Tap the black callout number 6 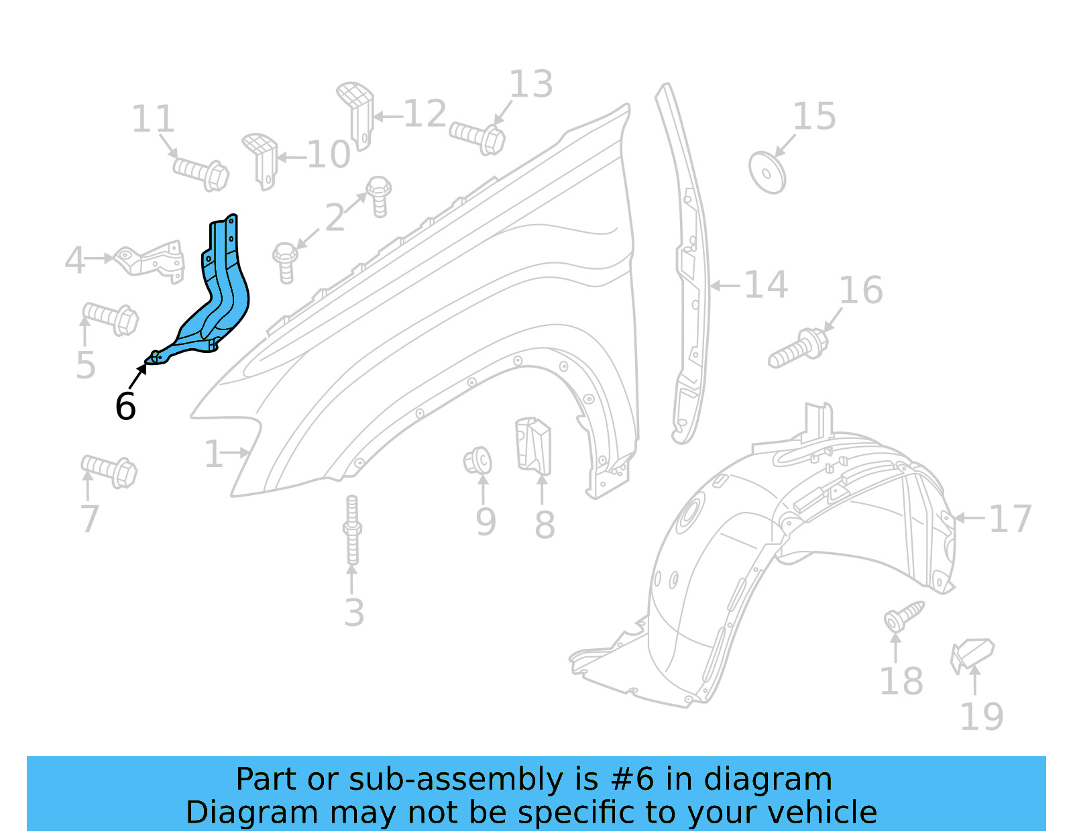[x=125, y=407]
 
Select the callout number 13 [x=530, y=85]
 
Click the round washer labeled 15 [x=767, y=173]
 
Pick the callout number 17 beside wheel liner [x=1009, y=519]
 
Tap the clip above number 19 [x=972, y=653]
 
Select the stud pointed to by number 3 [x=352, y=530]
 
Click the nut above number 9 [x=477, y=462]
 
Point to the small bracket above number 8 [x=533, y=444]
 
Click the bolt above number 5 [x=111, y=318]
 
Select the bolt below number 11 [x=201, y=173]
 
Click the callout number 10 [x=329, y=156]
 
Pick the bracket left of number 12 [x=355, y=113]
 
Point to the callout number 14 [x=765, y=285]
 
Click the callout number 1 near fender [x=213, y=455]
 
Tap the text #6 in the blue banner [x=632, y=780]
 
